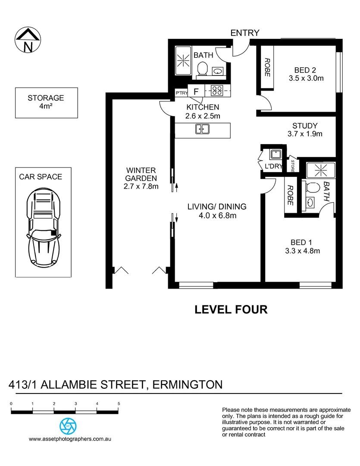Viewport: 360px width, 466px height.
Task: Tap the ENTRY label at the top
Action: [x=245, y=33]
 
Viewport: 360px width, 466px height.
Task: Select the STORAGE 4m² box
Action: [x=46, y=103]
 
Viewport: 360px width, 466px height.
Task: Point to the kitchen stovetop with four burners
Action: [x=216, y=91]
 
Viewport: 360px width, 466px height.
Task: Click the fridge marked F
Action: [x=196, y=91]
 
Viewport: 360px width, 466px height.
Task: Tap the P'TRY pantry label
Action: [x=181, y=92]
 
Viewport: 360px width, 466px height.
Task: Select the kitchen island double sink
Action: [x=202, y=129]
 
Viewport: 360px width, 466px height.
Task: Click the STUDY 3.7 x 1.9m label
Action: [x=305, y=130]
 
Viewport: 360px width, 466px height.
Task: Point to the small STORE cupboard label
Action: [x=293, y=165]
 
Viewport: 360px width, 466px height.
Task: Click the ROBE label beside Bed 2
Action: [x=267, y=67]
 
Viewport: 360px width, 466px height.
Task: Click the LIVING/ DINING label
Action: [x=210, y=207]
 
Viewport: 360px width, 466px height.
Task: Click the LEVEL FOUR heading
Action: [x=231, y=309]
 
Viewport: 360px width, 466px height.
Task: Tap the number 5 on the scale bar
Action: [x=119, y=403]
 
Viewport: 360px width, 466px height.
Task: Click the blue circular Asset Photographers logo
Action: [x=68, y=426]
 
